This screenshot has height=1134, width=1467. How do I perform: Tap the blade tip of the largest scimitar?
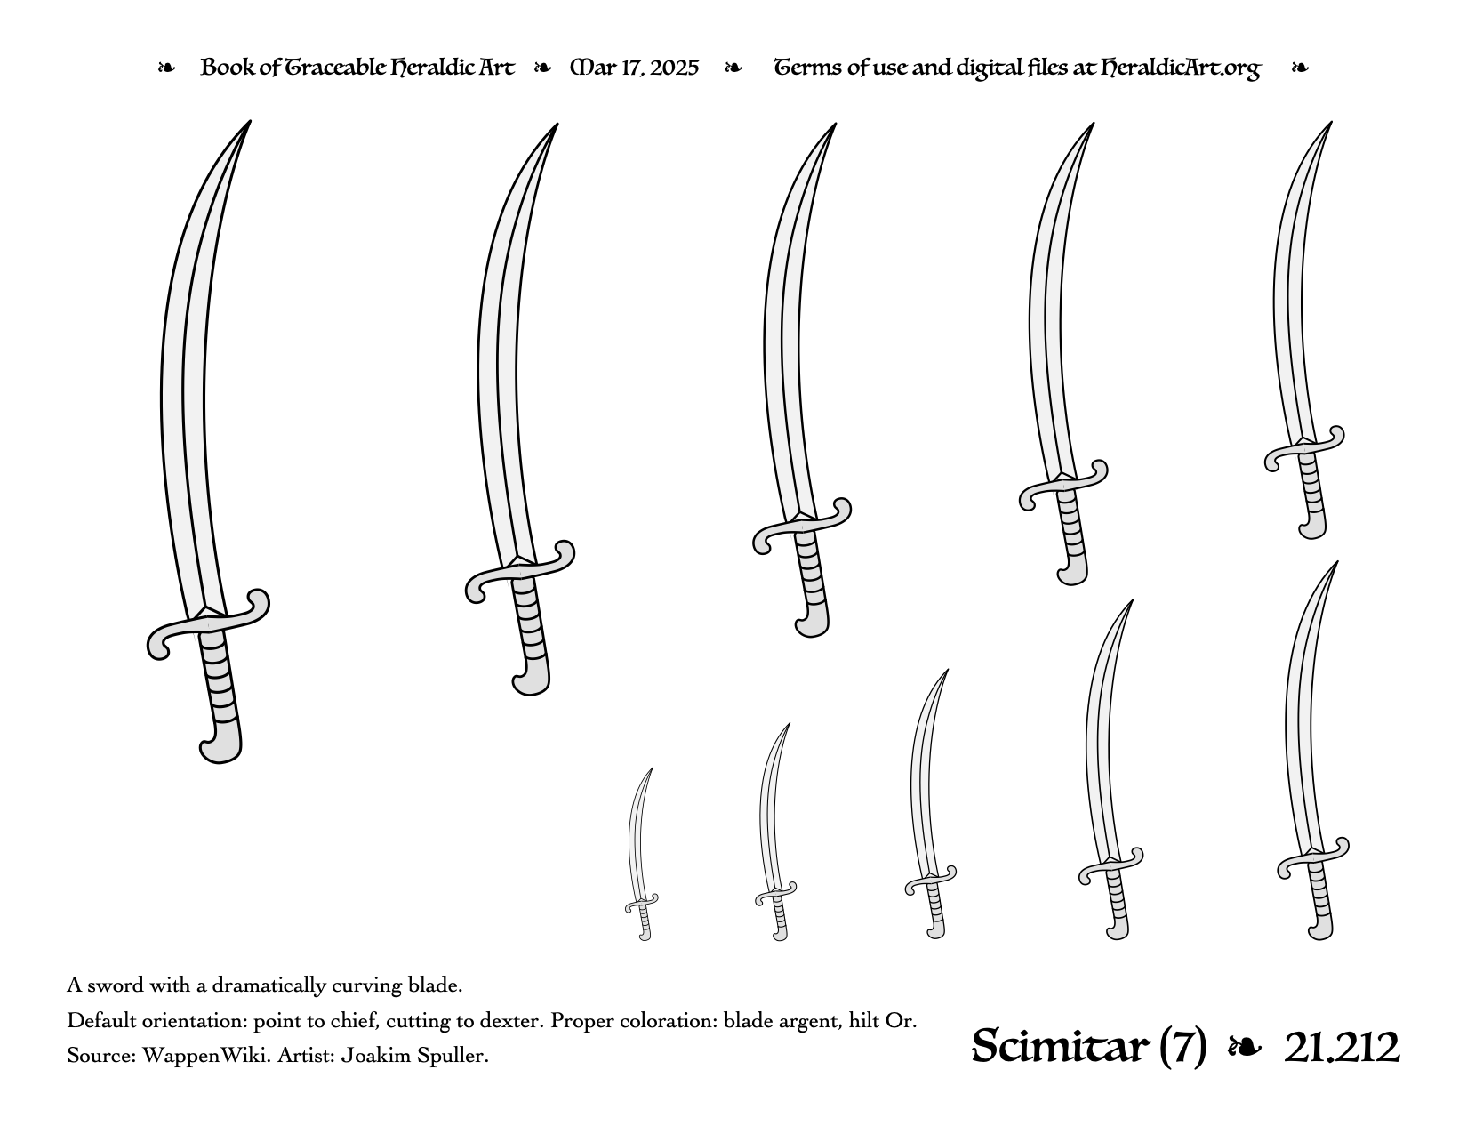[x=250, y=122]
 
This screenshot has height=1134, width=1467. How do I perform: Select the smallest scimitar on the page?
[x=641, y=854]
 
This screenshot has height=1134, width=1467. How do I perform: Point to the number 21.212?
[x=1342, y=1048]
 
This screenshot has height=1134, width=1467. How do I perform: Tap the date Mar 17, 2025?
[x=635, y=68]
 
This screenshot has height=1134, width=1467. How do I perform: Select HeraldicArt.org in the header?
[x=1181, y=68]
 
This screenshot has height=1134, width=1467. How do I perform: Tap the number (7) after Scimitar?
[x=1182, y=1048]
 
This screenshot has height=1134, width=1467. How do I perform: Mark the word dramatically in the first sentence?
[x=269, y=986]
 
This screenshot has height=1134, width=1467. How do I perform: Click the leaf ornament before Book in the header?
[x=166, y=68]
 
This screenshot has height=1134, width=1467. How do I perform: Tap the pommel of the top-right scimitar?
[x=1313, y=527]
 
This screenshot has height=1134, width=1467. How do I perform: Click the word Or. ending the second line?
[x=901, y=1020]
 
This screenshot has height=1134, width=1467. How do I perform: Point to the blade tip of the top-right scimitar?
[x=1331, y=123]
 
